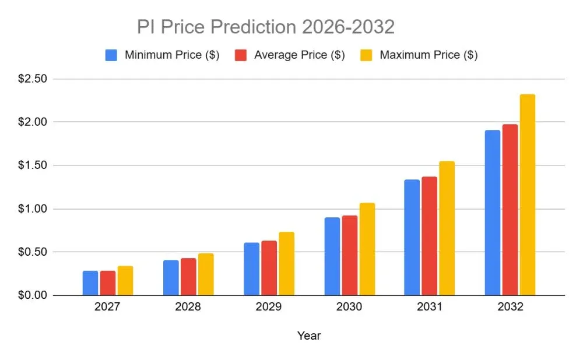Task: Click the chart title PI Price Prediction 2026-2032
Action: coord(265,27)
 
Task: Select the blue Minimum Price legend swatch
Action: coord(111,55)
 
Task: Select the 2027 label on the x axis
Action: coord(107,307)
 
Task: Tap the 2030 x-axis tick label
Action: coord(349,307)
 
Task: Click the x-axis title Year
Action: coord(308,336)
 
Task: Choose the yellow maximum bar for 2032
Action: coord(528,195)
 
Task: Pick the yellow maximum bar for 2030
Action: coord(367,249)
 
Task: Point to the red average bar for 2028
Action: coord(188,277)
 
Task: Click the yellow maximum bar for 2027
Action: coord(125,281)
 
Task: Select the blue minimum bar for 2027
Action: coord(90,283)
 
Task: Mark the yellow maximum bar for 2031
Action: coord(447,228)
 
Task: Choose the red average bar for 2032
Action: coord(510,210)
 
